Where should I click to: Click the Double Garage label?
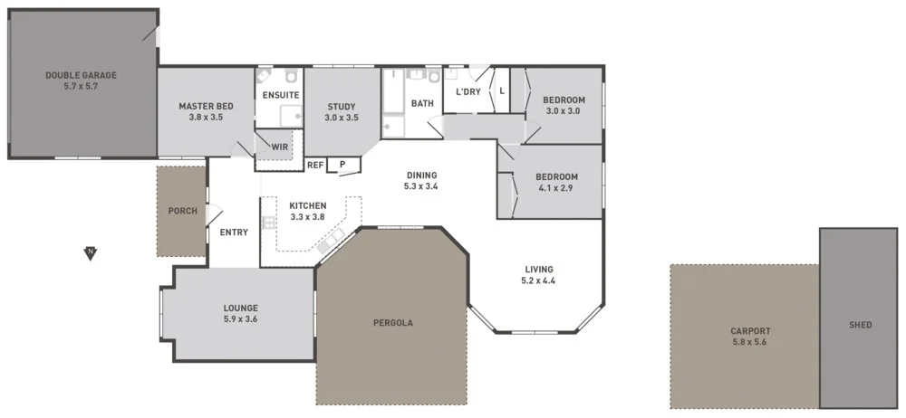coord(81,81)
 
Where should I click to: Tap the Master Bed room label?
coord(206,111)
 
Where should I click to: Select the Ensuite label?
coord(281,95)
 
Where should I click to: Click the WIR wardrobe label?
coord(279,146)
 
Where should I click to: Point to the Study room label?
coord(342,111)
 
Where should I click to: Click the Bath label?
coord(422,104)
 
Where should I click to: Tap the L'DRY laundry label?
coord(467,92)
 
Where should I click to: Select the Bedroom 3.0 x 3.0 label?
coord(564,105)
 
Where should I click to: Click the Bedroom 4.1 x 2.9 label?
coord(556,182)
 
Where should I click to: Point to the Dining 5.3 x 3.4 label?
coord(421,181)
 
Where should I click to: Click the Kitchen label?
coord(307,211)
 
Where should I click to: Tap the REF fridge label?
coord(315,165)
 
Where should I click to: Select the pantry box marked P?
coord(342,165)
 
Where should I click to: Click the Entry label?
coord(234,233)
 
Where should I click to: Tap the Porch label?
coord(183,211)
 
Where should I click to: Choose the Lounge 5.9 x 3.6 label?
coord(240,312)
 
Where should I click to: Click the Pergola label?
coord(392,322)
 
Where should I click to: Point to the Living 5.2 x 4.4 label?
coord(538,274)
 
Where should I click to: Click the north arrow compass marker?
coord(89,252)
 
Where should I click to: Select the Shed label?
coord(861,325)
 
